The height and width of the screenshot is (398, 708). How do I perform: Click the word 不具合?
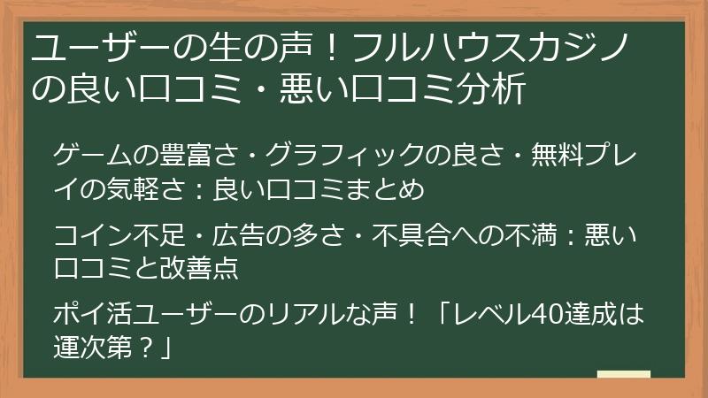pyautogui.click(x=408, y=236)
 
